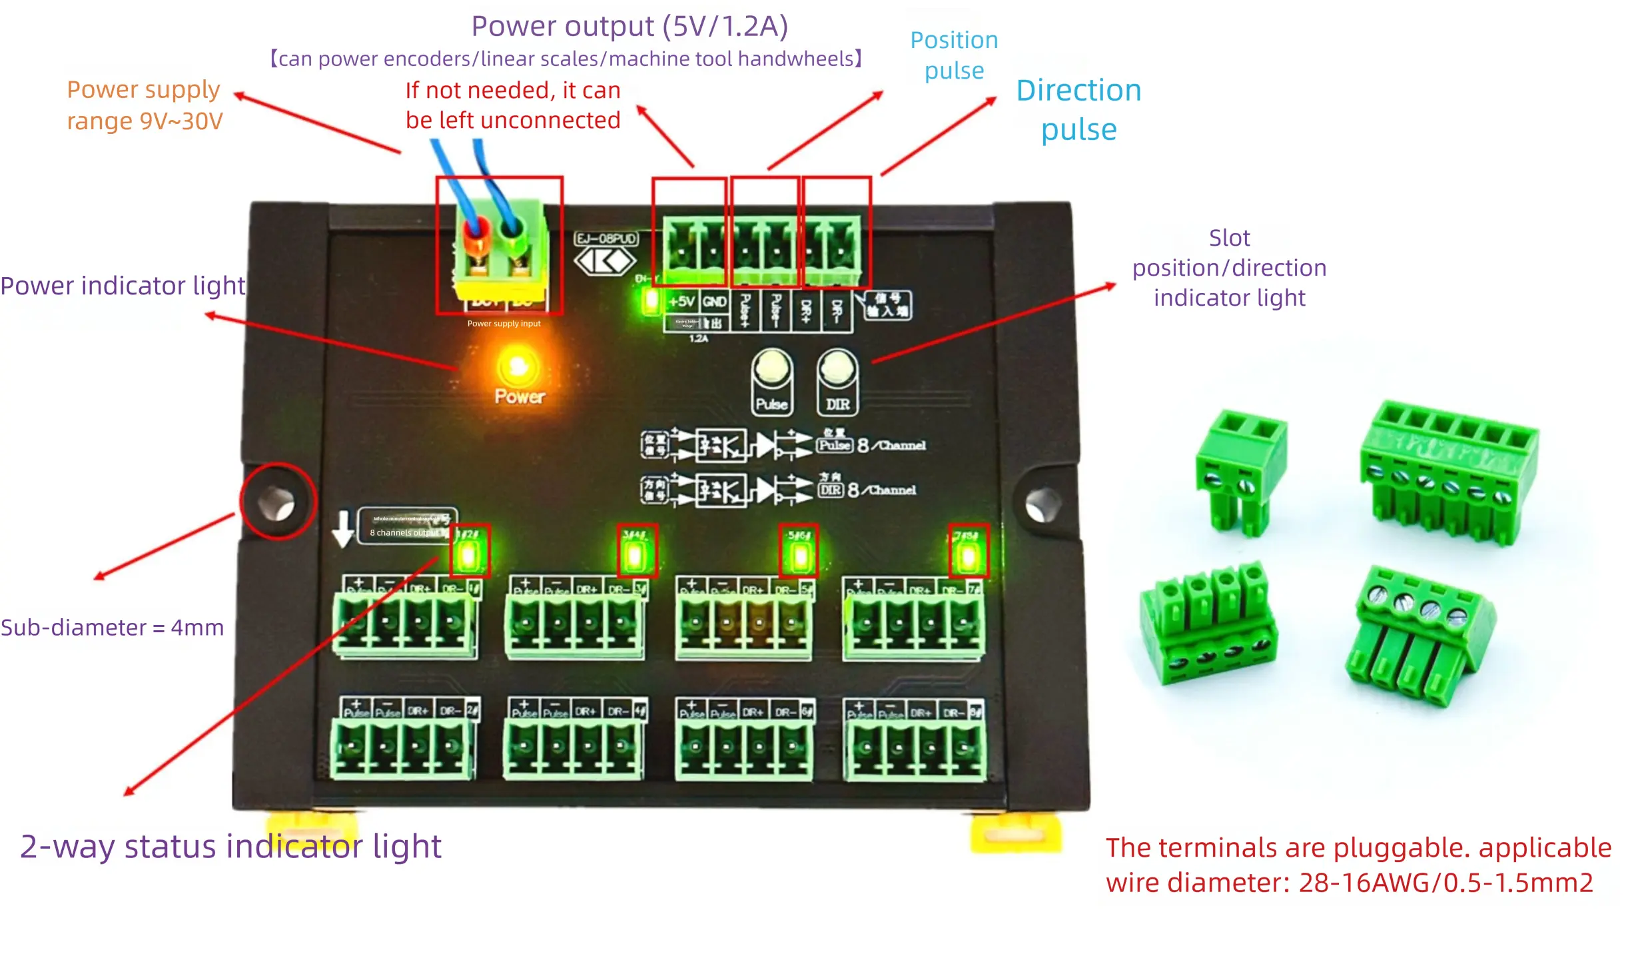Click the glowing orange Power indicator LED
(x=518, y=366)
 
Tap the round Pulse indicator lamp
(x=771, y=368)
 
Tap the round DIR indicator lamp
(x=837, y=368)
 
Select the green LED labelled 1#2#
(x=469, y=555)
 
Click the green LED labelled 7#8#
(x=968, y=555)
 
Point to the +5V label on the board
(x=681, y=302)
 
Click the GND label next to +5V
(x=714, y=302)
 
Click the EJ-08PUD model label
(x=606, y=238)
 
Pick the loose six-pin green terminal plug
(x=1449, y=470)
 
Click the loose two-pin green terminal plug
(x=1240, y=470)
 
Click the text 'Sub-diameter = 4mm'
(x=112, y=628)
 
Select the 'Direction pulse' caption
(x=1078, y=110)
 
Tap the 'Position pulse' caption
(x=954, y=55)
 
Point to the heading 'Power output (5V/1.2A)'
(x=629, y=27)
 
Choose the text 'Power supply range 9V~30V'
(x=145, y=105)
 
